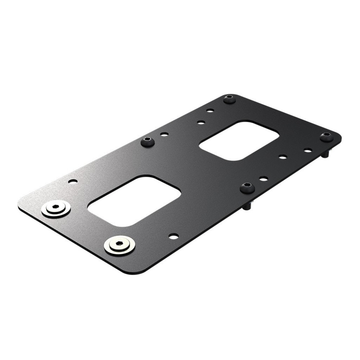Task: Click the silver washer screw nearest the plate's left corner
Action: pyautogui.click(x=56, y=208)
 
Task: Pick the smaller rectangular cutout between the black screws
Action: pyautogui.click(x=239, y=140)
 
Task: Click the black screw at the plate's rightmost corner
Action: pyautogui.click(x=327, y=136)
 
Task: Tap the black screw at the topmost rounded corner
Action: pyautogui.click(x=229, y=99)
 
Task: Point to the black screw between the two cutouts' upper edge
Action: pyautogui.click(x=148, y=141)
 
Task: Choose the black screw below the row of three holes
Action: pyautogui.click(x=247, y=187)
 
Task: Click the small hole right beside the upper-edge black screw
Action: pyautogui.click(x=165, y=134)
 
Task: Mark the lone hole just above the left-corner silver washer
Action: pyautogui.click(x=73, y=181)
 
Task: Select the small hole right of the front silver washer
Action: pyautogui.click(x=174, y=236)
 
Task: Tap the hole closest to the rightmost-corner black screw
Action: pyautogui.click(x=308, y=150)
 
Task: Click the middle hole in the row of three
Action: pyautogui.click(x=283, y=157)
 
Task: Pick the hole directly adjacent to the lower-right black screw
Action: pyautogui.click(x=264, y=179)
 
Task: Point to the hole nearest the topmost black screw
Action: pyautogui.click(x=210, y=111)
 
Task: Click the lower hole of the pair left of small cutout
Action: pyautogui.click(x=201, y=122)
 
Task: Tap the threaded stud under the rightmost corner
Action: pyautogui.click(x=325, y=154)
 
